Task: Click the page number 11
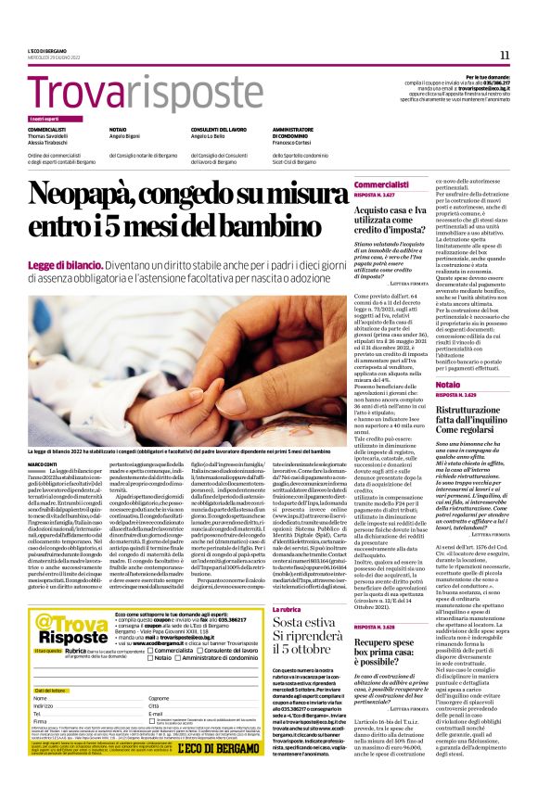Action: click(505, 55)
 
